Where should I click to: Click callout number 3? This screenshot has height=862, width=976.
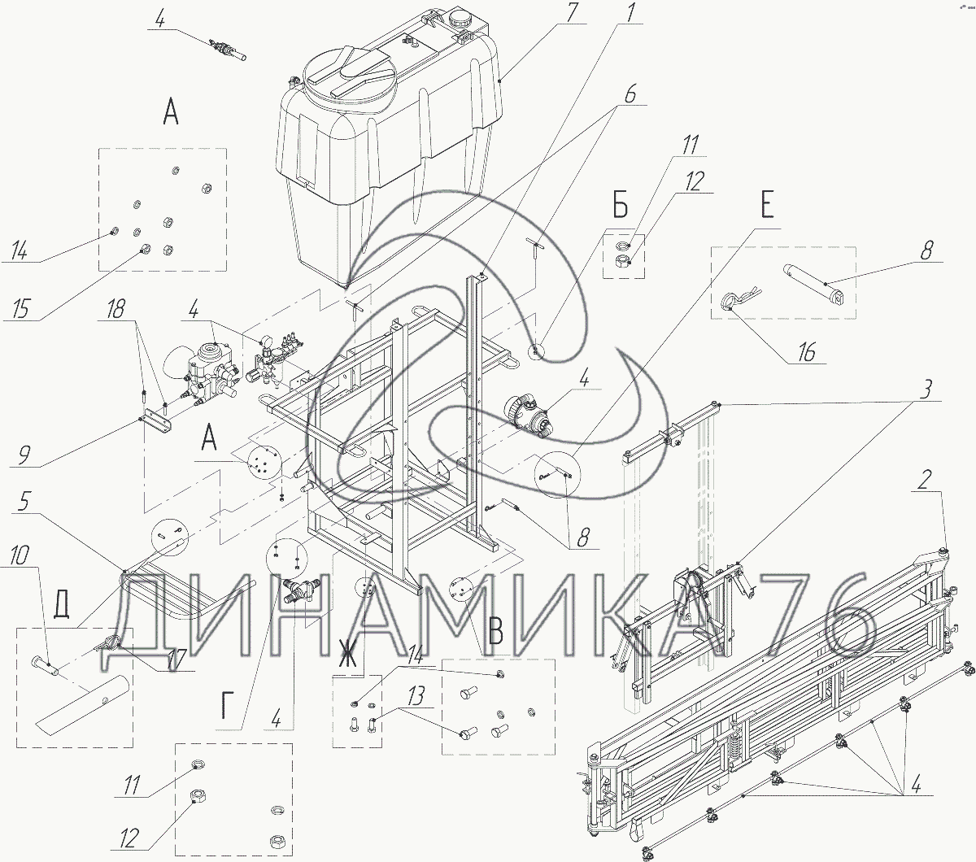pyautogui.click(x=925, y=389)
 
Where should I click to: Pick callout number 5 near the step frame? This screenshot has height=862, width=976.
pyautogui.click(x=24, y=502)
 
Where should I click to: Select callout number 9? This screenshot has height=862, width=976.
pyautogui.click(x=24, y=455)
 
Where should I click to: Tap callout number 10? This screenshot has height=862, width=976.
pyautogui.click(x=19, y=555)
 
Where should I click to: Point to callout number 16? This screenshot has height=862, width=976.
pyautogui.click(x=806, y=352)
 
